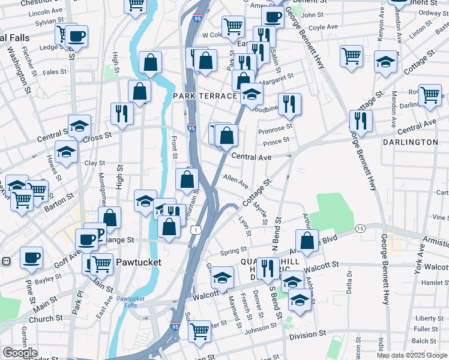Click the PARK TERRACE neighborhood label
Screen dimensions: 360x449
(205, 96)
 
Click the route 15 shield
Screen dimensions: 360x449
(360, 229)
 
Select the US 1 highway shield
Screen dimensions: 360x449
(196, 230)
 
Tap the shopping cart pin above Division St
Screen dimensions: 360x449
(199, 331)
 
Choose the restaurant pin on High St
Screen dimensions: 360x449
(122, 113)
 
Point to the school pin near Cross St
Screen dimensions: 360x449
(79, 125)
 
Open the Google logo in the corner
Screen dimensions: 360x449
(20, 353)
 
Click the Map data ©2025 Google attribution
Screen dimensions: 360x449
(412, 355)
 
